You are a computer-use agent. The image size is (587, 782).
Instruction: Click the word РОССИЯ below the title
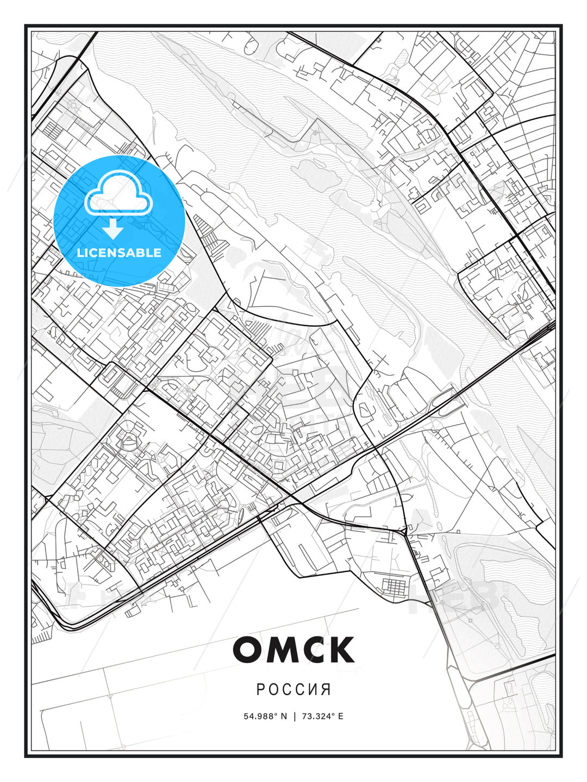pos(293,690)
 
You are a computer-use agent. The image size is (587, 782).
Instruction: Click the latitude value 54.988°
pos(260,716)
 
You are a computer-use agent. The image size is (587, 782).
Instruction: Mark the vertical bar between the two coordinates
pos(295,716)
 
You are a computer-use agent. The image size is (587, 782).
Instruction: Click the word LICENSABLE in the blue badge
pos(119,253)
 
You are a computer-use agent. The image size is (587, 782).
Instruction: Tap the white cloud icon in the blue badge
pos(118,193)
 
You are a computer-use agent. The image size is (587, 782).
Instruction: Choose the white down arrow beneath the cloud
pos(113,229)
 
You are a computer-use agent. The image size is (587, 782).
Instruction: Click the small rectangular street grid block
pos(393,587)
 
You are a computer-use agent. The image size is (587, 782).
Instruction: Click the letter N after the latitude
pos(283,716)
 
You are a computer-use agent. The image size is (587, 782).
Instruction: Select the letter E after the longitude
pos(340,716)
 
